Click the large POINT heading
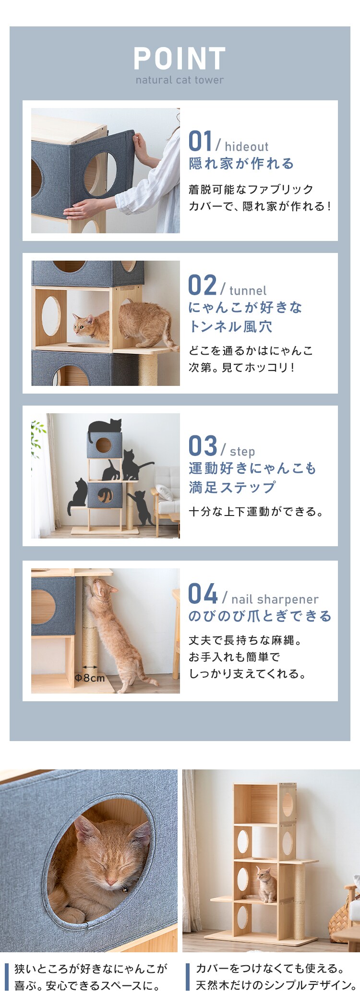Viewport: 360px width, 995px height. [x=180, y=59]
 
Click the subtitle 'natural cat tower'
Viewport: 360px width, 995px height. [x=180, y=80]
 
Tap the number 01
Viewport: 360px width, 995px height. [x=200, y=142]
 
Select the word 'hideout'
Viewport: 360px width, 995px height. [x=246, y=147]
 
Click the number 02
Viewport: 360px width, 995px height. [x=202, y=286]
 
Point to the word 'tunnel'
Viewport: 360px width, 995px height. [x=248, y=291]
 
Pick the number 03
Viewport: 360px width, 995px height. [x=203, y=446]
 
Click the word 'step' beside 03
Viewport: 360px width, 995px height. [x=242, y=452]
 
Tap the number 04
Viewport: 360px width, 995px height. [x=203, y=594]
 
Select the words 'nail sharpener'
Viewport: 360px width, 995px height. [x=275, y=599]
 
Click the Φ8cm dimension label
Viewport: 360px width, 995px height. [x=90, y=678]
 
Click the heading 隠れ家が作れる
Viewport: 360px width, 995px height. [x=241, y=164]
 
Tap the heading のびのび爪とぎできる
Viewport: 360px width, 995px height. [x=260, y=616]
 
